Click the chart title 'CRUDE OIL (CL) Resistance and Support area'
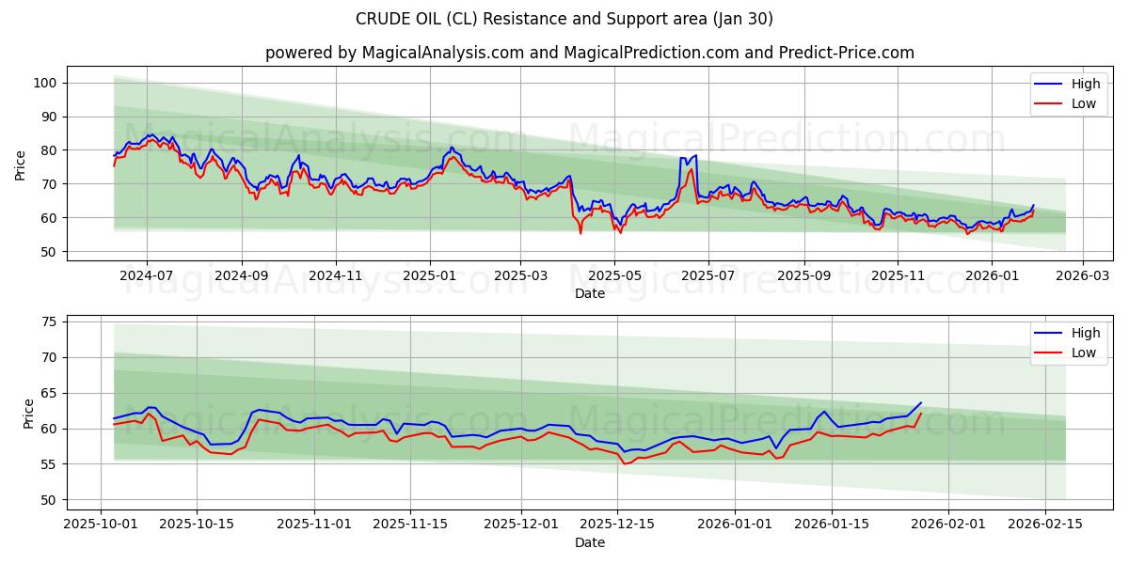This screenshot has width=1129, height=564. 564,19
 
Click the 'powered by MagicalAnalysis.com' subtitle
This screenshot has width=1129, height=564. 589,53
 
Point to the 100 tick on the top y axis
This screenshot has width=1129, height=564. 45,83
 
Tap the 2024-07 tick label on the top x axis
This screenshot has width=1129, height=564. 147,275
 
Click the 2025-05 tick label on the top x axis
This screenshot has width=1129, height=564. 614,275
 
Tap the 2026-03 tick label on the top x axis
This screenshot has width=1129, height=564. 1082,275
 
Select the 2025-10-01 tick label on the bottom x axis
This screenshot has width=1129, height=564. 102,525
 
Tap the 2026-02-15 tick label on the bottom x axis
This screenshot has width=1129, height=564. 1044,525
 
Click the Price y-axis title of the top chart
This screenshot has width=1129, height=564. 21,165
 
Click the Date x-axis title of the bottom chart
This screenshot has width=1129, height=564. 590,542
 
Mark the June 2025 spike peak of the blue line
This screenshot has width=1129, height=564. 695,155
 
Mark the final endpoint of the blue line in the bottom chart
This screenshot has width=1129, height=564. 921,402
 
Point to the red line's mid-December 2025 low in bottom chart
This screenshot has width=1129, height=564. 624,463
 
